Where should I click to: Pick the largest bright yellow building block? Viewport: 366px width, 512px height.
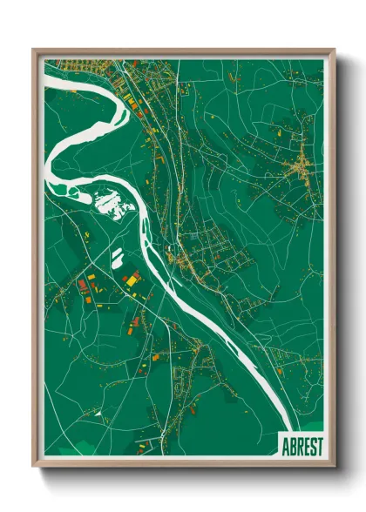[x=132, y=280]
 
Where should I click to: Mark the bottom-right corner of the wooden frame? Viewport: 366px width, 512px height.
[x=334, y=468]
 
